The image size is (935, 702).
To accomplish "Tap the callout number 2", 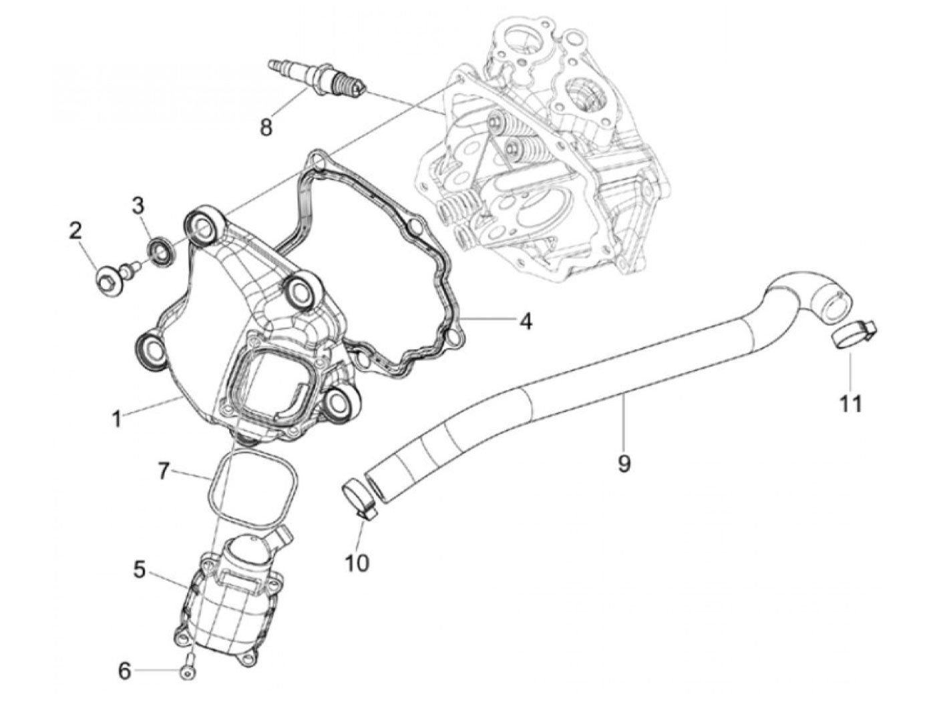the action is pyautogui.click(x=75, y=232).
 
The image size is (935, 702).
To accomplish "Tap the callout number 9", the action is pyautogui.click(x=623, y=463).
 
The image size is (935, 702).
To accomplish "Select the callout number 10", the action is pyautogui.click(x=357, y=564).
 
